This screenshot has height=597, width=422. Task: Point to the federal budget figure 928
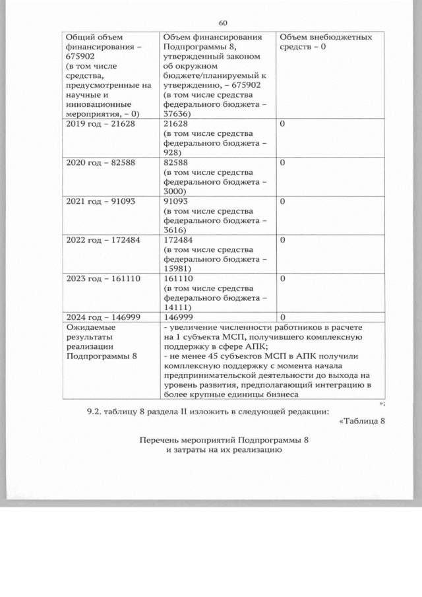tap(173, 152)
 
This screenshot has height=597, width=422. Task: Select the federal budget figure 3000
tap(175, 191)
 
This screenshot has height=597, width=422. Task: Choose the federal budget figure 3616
tap(175, 229)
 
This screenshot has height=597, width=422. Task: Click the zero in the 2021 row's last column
tap(282, 202)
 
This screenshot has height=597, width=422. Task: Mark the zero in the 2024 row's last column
tap(282, 317)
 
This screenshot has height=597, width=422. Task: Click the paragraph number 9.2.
tap(97, 412)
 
